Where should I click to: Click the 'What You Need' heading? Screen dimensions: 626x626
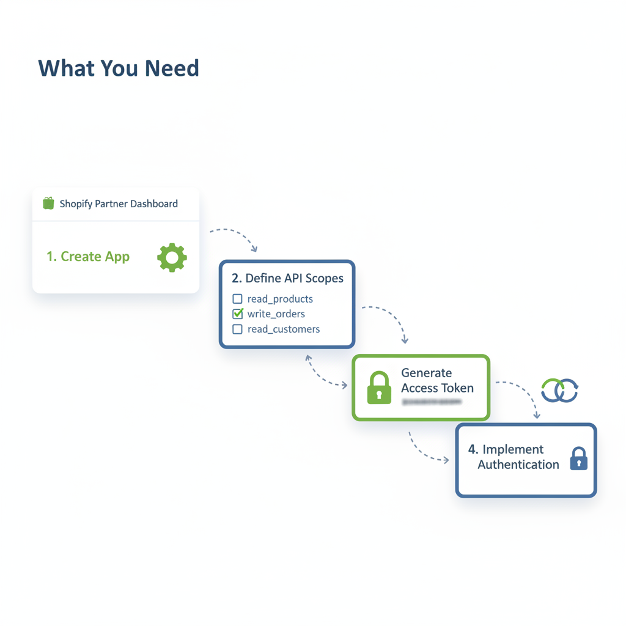(119, 68)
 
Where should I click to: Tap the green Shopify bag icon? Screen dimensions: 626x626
(48, 204)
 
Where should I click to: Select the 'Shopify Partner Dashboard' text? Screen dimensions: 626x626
(119, 204)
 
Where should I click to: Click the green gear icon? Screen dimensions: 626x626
(172, 257)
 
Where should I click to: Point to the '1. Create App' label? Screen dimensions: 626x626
(88, 257)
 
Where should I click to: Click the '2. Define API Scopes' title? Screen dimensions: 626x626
(287, 278)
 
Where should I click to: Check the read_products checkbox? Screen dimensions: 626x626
(237, 299)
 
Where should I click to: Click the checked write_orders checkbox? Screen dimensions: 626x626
(237, 314)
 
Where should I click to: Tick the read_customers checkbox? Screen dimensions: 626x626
(237, 329)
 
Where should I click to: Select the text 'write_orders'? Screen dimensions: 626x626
(276, 314)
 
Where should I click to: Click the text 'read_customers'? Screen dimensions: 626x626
(283, 329)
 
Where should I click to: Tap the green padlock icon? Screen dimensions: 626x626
(379, 388)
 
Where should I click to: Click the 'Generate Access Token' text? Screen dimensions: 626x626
(436, 380)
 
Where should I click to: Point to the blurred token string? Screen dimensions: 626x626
(431, 402)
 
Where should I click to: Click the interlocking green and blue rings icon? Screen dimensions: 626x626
(560, 390)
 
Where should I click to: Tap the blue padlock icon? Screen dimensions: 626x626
(578, 458)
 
